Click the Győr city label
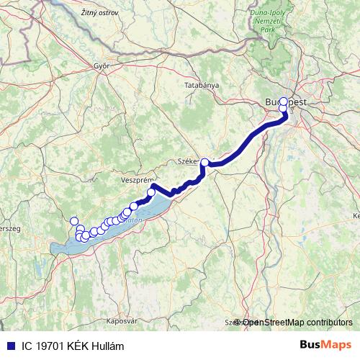[x=101, y=65]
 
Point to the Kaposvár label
[x=102, y=318]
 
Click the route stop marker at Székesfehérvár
[x=205, y=163]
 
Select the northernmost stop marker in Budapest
[x=284, y=102]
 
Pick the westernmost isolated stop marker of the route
[x=73, y=221]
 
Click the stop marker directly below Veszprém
[x=151, y=192]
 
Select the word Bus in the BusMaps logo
[x=309, y=345]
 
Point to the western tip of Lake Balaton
[x=53, y=250]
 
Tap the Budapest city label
[x=286, y=102]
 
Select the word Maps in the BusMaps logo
[x=336, y=345]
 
